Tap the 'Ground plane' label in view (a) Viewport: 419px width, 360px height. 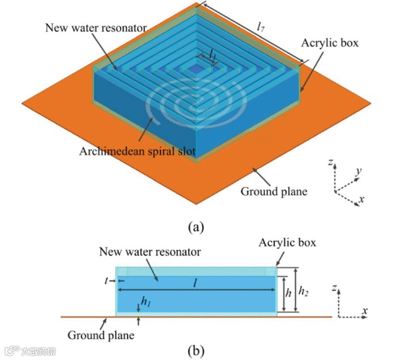[274, 192]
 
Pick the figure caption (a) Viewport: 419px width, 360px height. [196, 227]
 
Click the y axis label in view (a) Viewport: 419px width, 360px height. [359, 172]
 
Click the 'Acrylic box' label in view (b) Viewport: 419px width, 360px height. [287, 243]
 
